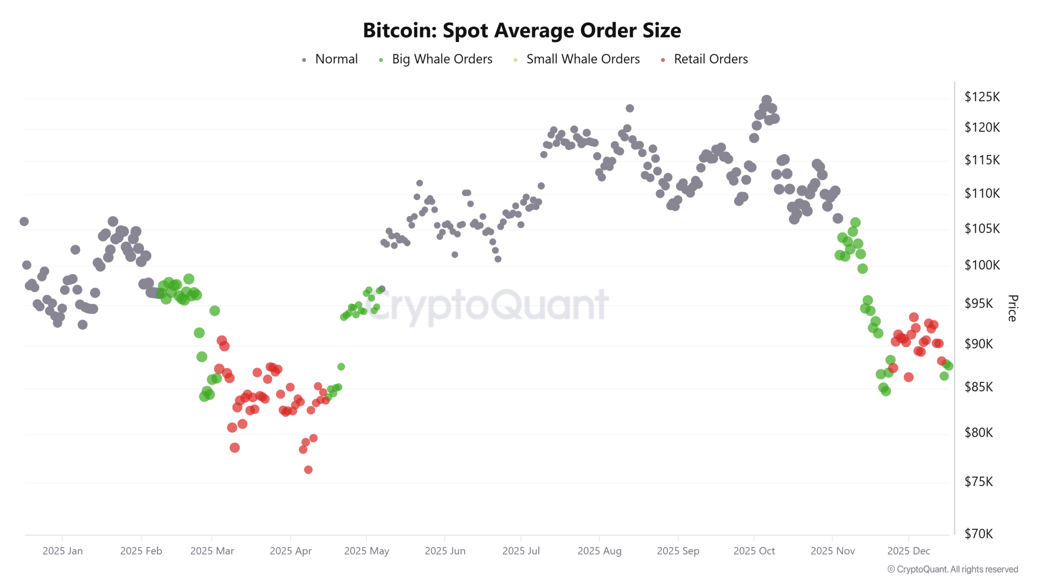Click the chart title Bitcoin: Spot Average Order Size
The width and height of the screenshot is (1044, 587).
[x=522, y=31]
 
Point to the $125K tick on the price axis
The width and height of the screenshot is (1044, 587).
[x=982, y=97]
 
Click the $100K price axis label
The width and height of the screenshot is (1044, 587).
[x=982, y=265]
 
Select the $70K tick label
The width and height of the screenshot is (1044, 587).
[x=978, y=534]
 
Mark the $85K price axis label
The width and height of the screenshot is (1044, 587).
[x=978, y=386]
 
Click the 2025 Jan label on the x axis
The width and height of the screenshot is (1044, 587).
[x=62, y=551]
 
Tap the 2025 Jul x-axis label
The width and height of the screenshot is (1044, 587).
[x=521, y=551]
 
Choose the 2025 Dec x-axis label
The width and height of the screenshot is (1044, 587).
[x=908, y=551]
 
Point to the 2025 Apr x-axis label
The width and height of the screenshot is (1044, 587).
[x=290, y=551]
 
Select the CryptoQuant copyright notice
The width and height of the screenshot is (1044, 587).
[x=953, y=569]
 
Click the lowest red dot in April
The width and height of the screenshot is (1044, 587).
[x=308, y=470]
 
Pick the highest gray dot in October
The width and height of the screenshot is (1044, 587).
[x=767, y=100]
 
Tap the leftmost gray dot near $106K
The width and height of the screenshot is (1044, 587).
[x=24, y=221]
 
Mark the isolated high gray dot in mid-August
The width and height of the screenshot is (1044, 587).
[x=630, y=108]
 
